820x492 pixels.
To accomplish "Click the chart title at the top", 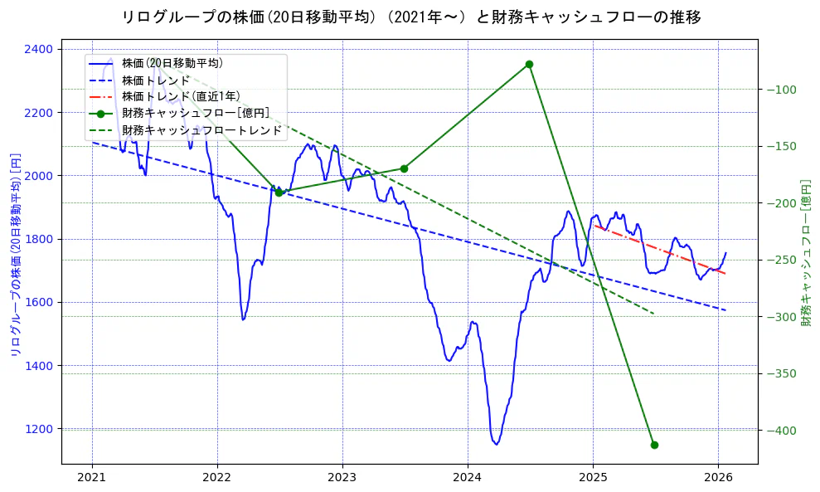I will [x=410, y=17].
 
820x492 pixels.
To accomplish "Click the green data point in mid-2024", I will [x=529, y=64].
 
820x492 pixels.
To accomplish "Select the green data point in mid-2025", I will [x=654, y=445].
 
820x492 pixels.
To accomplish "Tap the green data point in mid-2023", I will [x=404, y=168].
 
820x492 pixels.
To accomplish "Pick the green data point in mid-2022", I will [x=279, y=192].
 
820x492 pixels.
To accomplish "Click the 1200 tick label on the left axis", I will [x=38, y=429].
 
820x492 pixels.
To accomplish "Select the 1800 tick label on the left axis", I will [x=38, y=239].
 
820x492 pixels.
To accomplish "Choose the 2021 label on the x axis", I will [x=91, y=477].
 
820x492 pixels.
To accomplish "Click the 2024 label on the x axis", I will [x=468, y=477].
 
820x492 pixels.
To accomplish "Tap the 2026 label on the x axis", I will [x=718, y=477].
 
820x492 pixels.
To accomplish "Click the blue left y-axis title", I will [x=14, y=255].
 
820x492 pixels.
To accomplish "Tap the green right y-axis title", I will [x=805, y=255].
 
